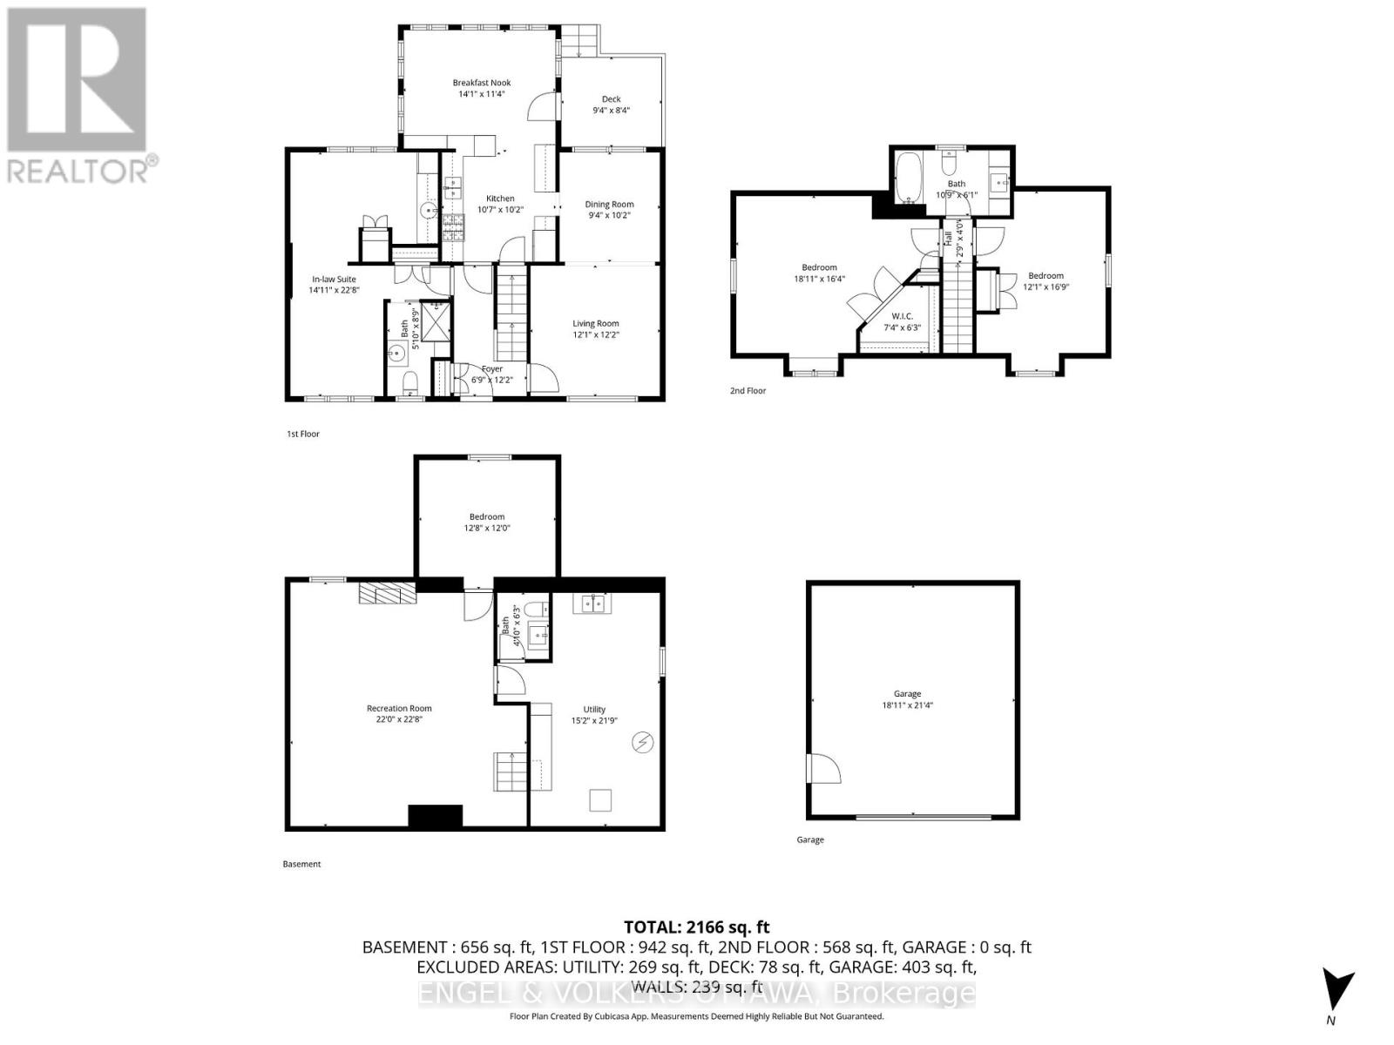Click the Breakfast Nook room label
coord(481,83)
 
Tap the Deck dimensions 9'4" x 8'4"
coord(611,111)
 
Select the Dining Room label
coord(609,205)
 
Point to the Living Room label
coord(595,324)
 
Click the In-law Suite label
coord(334,280)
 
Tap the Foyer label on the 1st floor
coord(491,369)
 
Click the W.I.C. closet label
coord(902,316)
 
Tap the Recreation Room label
coord(399,709)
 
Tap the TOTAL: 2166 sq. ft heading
coord(696,927)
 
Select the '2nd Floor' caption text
coord(748,391)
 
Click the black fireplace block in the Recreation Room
coord(435,816)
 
